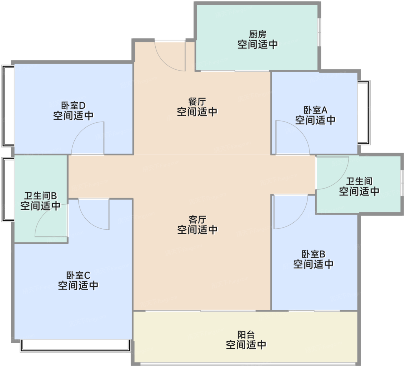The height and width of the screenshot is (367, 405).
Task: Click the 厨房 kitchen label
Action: [257, 34]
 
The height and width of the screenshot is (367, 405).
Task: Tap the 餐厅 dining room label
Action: [197, 102]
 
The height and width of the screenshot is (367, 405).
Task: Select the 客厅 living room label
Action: [197, 220]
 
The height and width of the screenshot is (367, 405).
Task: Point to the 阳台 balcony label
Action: [246, 335]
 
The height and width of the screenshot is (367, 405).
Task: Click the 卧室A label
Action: [315, 110]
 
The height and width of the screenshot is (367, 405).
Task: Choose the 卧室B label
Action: [313, 254]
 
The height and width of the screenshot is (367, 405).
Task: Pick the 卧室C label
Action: [78, 275]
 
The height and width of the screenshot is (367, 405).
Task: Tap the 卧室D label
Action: [73, 105]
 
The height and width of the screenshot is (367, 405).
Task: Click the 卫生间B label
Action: [41, 196]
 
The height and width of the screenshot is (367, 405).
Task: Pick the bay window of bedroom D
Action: [8, 106]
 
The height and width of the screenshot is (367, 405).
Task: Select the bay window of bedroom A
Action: [364, 113]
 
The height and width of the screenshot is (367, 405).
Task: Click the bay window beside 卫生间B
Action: [8, 190]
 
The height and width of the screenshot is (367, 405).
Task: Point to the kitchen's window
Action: [319, 32]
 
